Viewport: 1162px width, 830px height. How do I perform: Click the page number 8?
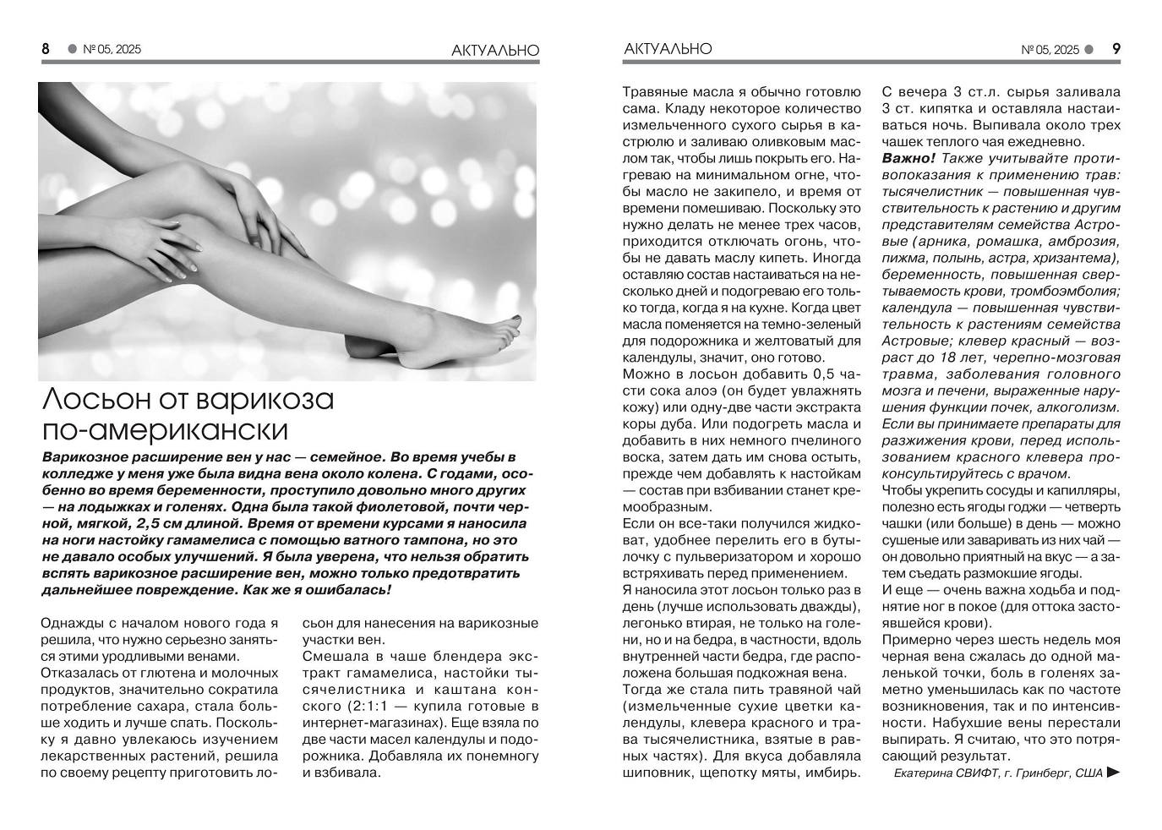(46, 49)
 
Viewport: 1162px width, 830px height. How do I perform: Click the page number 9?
(1116, 49)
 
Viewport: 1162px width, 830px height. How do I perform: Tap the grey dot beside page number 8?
(72, 49)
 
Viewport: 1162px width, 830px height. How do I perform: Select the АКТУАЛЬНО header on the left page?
(495, 51)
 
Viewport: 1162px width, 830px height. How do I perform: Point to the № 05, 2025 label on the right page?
(1050, 50)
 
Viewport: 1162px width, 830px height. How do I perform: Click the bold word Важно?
(908, 158)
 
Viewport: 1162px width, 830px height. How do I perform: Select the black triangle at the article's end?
(1114, 772)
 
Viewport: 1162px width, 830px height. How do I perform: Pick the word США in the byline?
(1088, 773)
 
